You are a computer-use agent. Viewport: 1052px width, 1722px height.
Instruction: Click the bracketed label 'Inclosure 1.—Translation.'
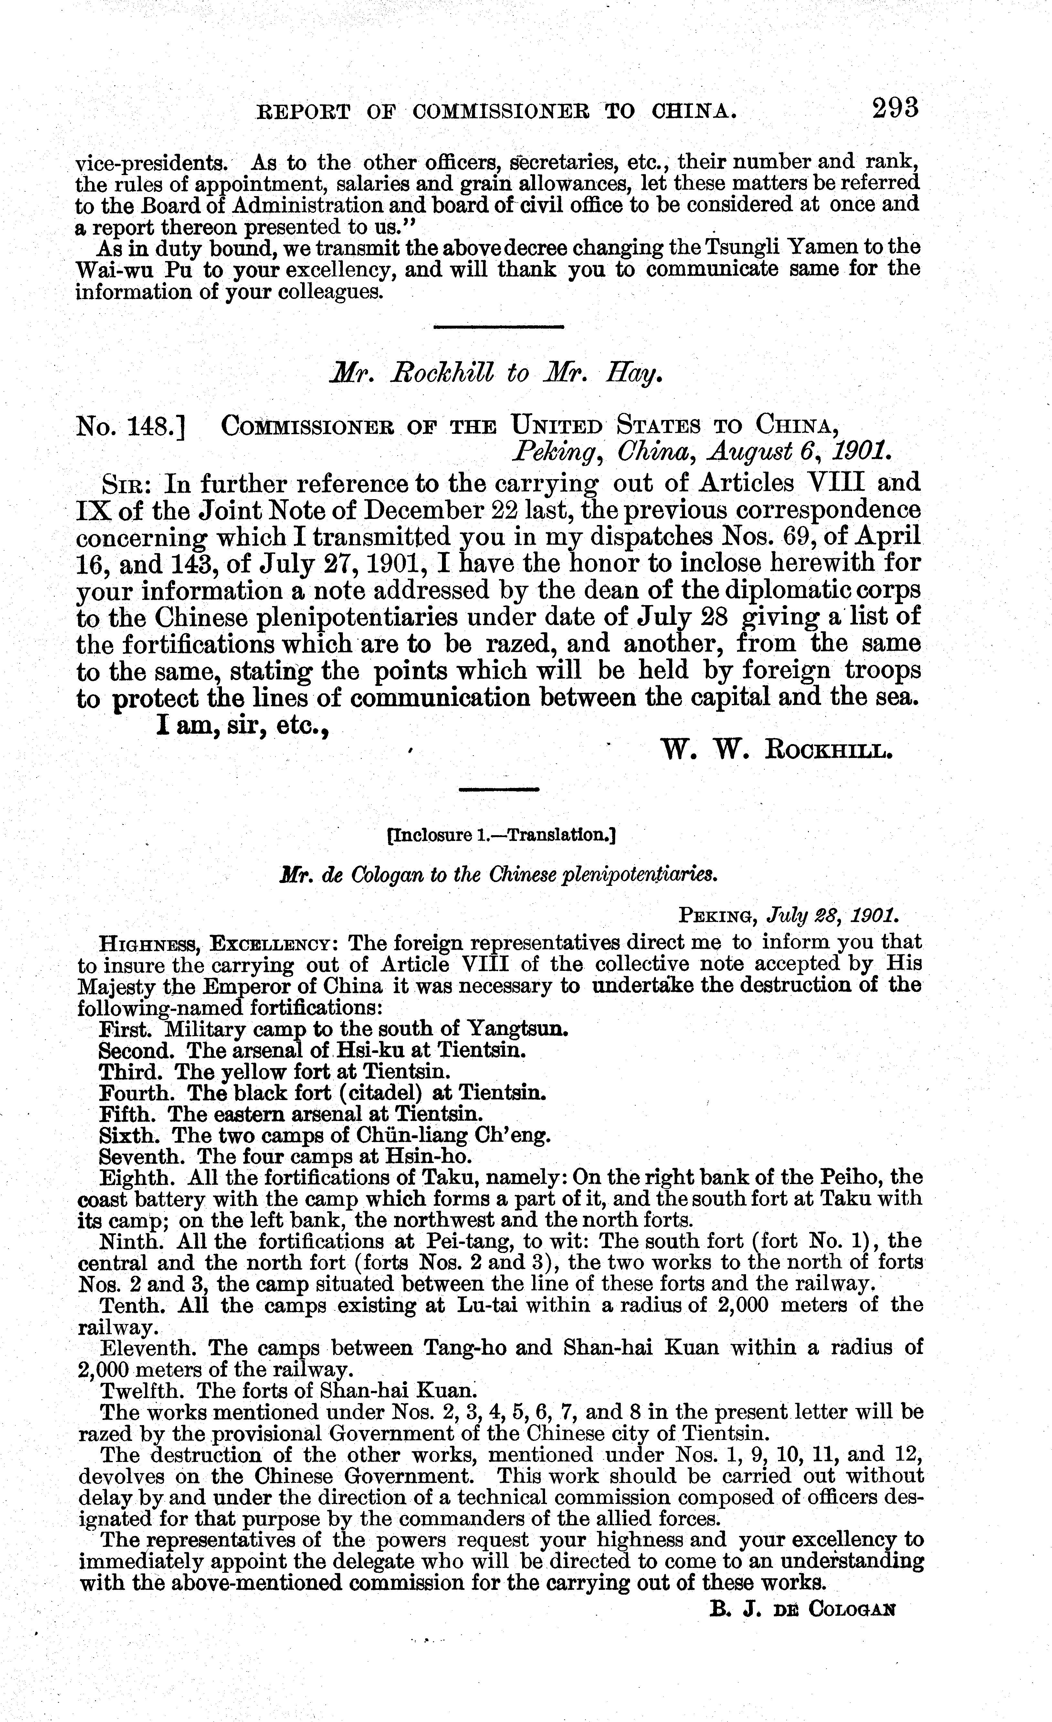coord(500,835)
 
